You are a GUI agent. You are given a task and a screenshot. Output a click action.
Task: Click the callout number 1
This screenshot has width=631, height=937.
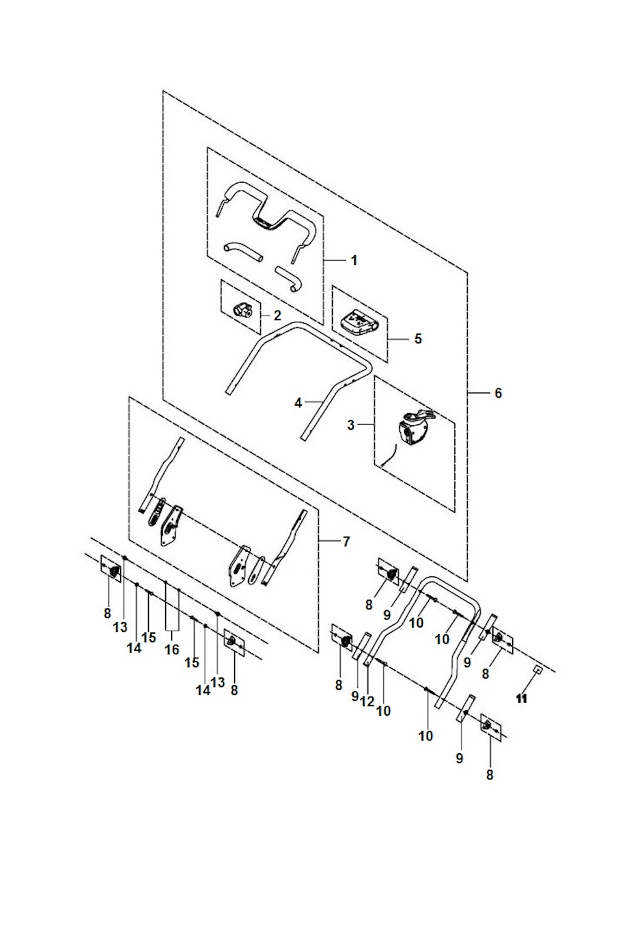354,261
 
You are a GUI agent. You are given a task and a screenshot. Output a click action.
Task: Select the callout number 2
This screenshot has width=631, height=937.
277,316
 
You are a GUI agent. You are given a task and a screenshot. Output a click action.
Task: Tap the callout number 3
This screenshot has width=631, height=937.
351,425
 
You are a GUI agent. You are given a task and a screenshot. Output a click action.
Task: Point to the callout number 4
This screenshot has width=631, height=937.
298,403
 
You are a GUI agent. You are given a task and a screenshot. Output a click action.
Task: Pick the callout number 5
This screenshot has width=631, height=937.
418,339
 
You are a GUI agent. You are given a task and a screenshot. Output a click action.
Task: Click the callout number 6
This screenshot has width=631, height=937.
498,393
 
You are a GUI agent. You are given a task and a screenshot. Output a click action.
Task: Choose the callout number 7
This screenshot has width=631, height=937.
346,542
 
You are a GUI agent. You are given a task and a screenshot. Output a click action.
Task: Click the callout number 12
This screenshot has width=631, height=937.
367,702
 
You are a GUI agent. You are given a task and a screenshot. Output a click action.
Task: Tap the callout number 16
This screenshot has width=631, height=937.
173,650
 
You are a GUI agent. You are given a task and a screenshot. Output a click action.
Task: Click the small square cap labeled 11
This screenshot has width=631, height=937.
538,670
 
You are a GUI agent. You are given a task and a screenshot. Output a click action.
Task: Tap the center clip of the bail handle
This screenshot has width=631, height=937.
264,223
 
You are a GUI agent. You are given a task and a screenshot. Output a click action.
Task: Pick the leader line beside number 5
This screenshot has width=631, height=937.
399,339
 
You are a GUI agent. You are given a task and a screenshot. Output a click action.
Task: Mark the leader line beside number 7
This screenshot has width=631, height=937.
329,541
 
